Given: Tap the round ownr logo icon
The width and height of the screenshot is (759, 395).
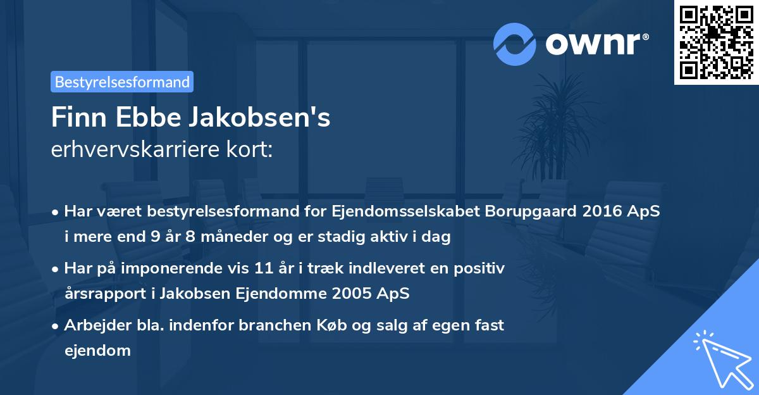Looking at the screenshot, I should pos(515,44).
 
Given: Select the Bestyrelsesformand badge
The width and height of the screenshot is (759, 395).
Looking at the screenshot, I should pos(122,82).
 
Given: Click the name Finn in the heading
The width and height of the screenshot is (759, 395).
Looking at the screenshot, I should pos(73,117).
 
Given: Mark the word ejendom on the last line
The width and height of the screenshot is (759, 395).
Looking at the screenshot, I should pos(97,351).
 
